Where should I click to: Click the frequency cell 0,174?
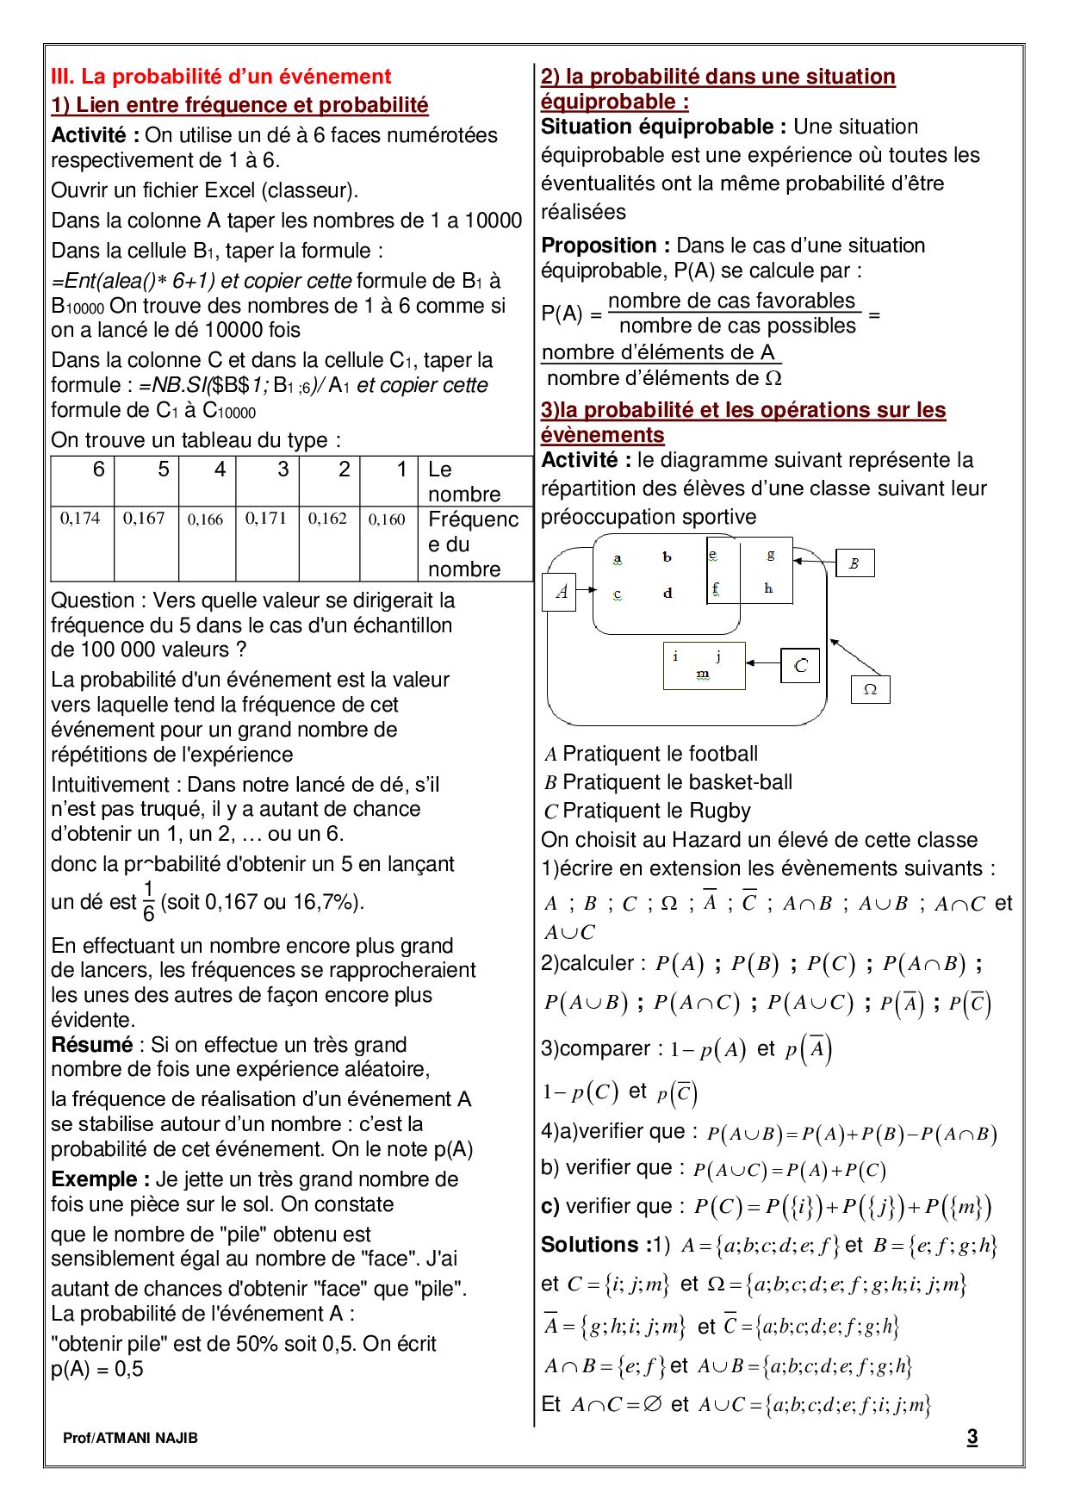(80, 519)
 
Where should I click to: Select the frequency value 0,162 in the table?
(327, 519)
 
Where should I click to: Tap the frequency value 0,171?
(265, 519)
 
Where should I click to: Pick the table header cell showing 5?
(163, 469)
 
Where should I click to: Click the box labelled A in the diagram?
(561, 592)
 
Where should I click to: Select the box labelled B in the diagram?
(854, 563)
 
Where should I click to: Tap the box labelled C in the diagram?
(801, 665)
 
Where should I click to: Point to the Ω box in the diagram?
(870, 689)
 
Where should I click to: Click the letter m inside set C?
(703, 675)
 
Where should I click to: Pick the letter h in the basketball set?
(768, 588)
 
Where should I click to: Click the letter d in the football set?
(667, 594)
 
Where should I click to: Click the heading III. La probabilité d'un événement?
(220, 77)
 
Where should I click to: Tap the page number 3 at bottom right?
(972, 1437)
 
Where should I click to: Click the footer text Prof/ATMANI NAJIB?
(130, 1438)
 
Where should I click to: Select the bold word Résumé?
(91, 1045)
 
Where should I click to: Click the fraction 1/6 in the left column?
(148, 901)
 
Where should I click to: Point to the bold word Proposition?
(599, 246)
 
